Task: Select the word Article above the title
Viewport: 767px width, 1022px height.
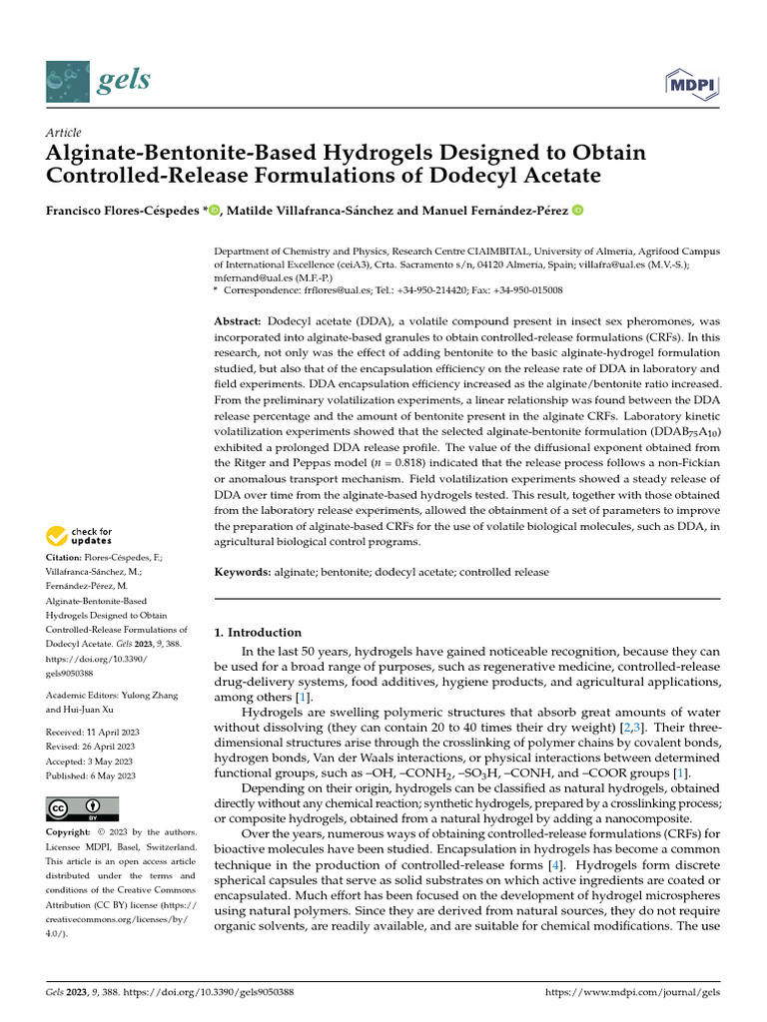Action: tap(64, 133)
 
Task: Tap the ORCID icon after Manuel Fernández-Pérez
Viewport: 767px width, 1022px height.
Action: tap(576, 211)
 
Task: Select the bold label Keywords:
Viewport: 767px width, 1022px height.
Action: tap(243, 573)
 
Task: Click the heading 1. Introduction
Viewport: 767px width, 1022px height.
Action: tap(259, 632)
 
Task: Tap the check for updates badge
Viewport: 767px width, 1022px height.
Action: tap(80, 537)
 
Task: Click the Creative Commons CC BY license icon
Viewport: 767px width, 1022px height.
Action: tap(82, 808)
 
